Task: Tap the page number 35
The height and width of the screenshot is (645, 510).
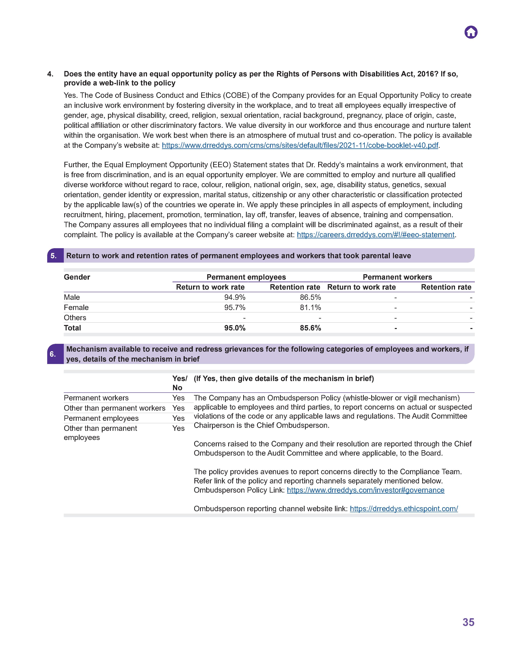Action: [x=468, y=622]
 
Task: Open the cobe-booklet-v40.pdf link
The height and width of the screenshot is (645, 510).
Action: [x=300, y=145]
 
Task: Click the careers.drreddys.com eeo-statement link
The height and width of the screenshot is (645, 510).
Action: [x=375, y=235]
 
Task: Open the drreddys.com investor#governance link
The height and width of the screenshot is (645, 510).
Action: [x=365, y=490]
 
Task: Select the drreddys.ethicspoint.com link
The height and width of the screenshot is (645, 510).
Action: [x=404, y=509]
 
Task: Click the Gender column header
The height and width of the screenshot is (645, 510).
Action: [x=77, y=277]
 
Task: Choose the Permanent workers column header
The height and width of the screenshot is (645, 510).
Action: [x=397, y=277]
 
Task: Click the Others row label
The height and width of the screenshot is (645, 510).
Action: [x=75, y=318]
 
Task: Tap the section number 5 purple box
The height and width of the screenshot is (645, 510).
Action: [x=55, y=256]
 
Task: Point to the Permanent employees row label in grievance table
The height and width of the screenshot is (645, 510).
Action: [x=101, y=418]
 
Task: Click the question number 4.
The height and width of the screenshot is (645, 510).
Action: [x=50, y=74]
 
